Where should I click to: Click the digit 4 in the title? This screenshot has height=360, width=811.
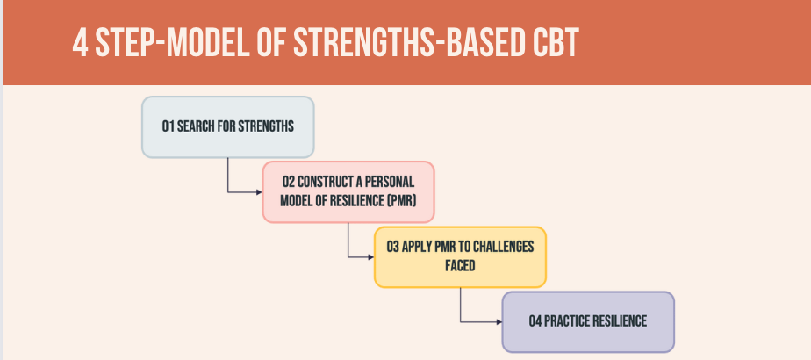coord(80,42)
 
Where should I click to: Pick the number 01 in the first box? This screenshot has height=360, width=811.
coord(169,126)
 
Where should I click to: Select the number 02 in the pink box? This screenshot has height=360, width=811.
coord(289,182)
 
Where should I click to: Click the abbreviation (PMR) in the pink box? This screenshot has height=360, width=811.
coord(402,201)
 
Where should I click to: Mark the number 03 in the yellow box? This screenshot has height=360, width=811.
coord(393,247)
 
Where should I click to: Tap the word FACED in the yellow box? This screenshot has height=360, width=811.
coord(460,266)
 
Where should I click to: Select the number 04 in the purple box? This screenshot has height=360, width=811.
coord(535,321)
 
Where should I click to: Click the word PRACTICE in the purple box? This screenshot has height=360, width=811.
coord(567,321)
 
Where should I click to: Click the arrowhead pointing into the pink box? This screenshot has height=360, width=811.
coord(259,192)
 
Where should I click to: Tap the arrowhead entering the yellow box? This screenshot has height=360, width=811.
coord(371,257)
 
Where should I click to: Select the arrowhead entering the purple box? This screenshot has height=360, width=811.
coord(499,322)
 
